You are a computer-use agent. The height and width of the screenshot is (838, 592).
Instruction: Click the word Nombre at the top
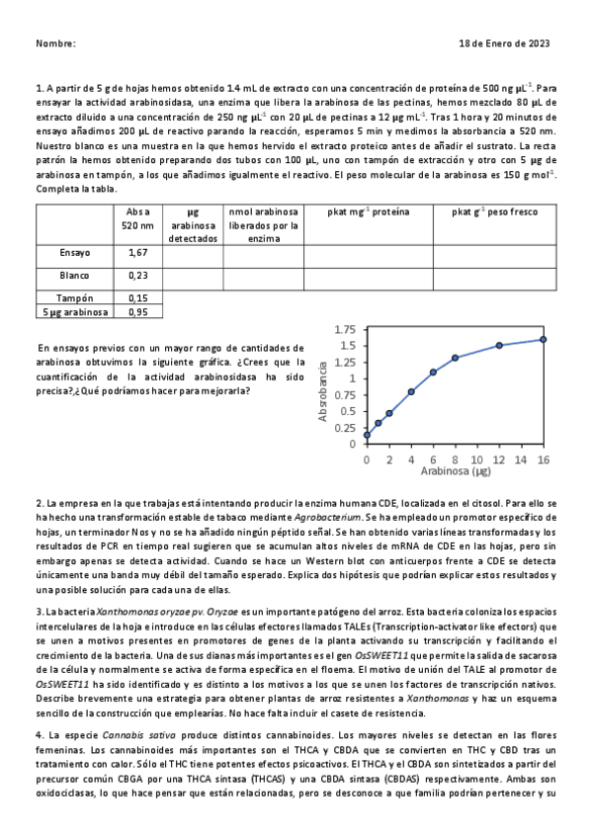click(x=55, y=44)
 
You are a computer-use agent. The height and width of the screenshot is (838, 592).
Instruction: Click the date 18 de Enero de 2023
click(x=505, y=44)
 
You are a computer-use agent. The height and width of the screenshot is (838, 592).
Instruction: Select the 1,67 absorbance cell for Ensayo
click(x=138, y=253)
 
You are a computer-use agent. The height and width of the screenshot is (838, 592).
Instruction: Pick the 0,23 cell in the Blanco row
click(x=138, y=276)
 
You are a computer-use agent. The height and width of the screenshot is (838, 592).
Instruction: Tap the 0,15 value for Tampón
click(x=138, y=297)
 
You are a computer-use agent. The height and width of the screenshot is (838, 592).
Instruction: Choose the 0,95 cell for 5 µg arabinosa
click(x=138, y=312)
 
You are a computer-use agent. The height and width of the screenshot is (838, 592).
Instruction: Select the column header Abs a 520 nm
click(x=138, y=218)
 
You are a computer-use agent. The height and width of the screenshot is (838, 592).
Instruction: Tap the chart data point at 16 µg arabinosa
click(x=543, y=339)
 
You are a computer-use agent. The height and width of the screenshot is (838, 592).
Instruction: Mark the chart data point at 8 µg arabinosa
click(x=455, y=358)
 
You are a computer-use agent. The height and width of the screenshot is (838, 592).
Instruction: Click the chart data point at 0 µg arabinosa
click(x=367, y=434)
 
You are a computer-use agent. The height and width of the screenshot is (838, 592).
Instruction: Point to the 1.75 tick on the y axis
click(x=345, y=330)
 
